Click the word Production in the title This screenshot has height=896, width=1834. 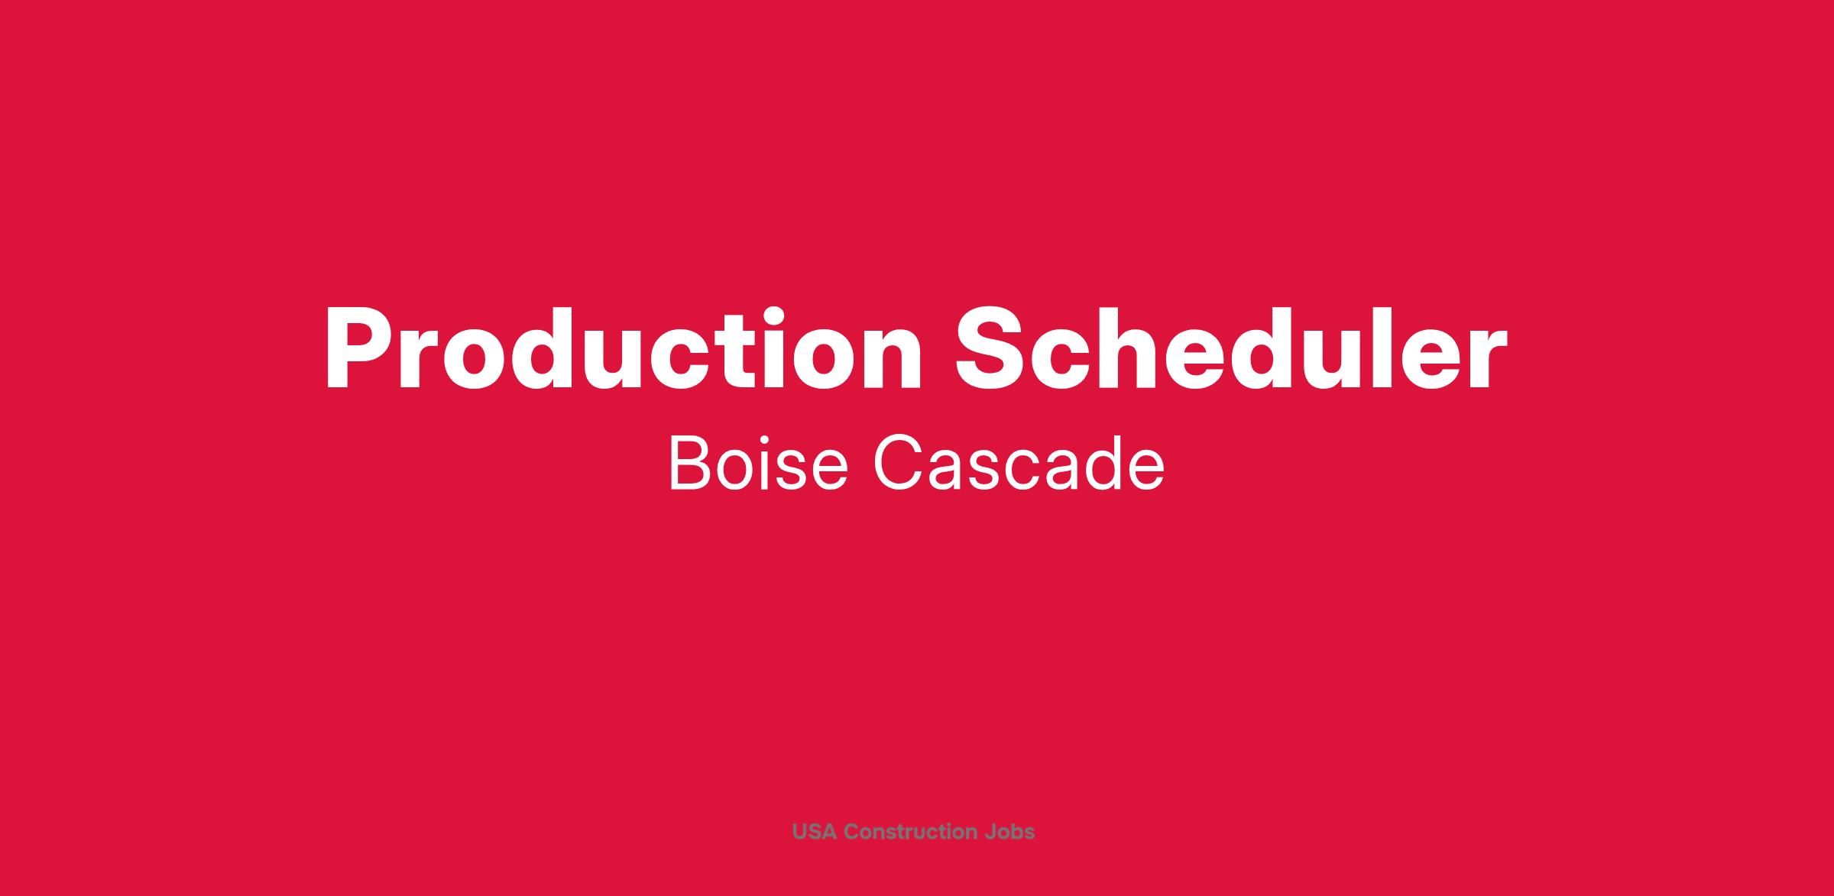[624, 348]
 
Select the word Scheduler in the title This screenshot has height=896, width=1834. [1232, 348]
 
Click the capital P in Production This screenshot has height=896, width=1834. [361, 350]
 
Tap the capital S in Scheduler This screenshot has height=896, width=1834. [991, 349]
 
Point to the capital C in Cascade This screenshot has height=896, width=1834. [899, 464]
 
